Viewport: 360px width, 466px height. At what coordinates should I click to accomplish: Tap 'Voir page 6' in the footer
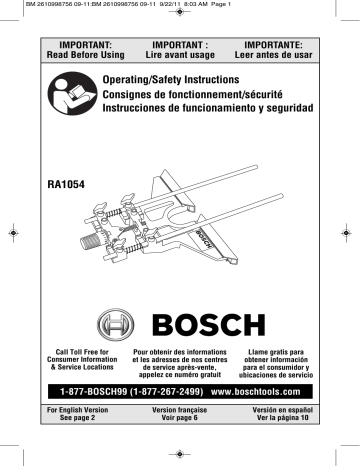(x=180, y=419)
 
